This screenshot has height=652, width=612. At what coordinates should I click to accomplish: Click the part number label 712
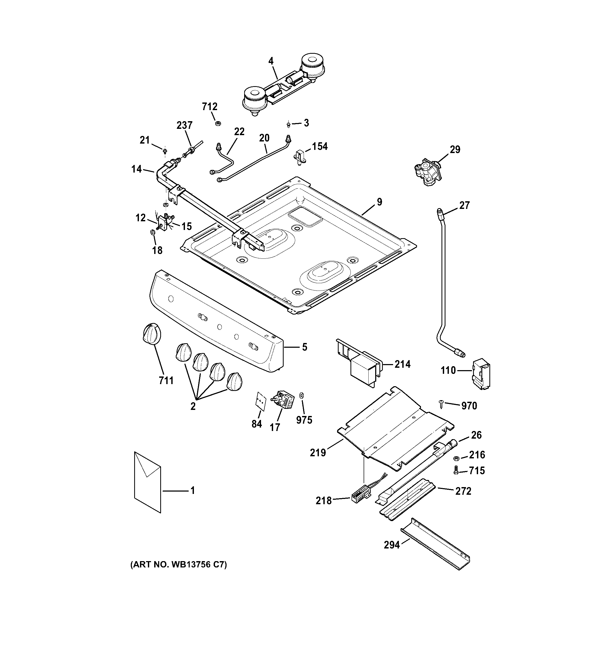210,107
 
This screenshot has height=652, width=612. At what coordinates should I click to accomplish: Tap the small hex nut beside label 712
217,123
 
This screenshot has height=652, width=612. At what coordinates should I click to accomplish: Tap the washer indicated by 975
302,395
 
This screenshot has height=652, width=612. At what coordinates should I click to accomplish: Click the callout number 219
318,453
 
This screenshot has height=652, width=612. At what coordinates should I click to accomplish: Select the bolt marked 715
455,471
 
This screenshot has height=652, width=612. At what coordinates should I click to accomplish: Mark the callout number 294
392,545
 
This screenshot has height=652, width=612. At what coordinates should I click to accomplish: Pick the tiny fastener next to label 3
288,124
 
